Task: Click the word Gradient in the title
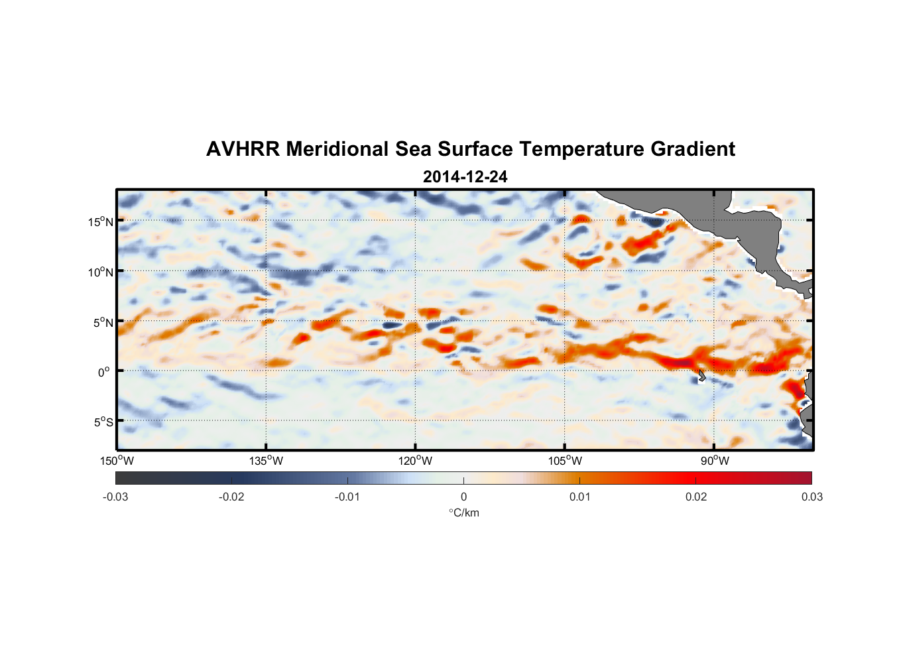click(692, 149)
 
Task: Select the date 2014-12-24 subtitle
click(465, 177)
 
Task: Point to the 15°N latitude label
click(100, 221)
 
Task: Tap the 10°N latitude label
click(100, 272)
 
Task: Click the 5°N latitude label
click(102, 322)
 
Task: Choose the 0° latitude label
click(104, 372)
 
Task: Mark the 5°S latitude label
click(102, 422)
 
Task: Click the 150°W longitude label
click(117, 461)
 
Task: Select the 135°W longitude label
click(266, 461)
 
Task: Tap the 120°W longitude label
click(416, 461)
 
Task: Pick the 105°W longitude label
click(565, 461)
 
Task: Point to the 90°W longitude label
click(715, 461)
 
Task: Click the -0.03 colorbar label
click(115, 497)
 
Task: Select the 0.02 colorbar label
click(696, 497)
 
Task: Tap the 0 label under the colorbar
click(463, 497)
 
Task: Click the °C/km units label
click(463, 512)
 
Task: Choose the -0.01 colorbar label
click(347, 497)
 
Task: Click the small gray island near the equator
click(701, 375)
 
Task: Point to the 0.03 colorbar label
click(811, 497)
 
